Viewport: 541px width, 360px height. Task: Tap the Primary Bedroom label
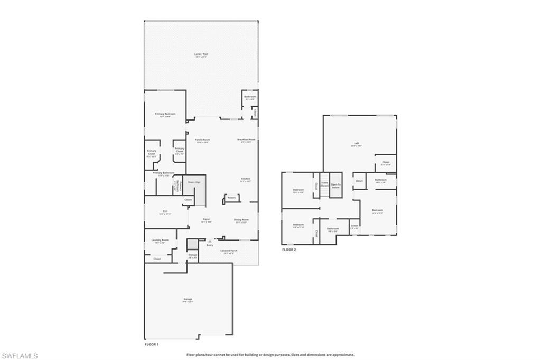click(165, 114)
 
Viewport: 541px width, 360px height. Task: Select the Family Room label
click(202, 140)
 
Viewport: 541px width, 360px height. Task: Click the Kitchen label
click(246, 179)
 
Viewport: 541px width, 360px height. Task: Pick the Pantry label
click(231, 198)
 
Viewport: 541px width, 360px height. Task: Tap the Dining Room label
click(241, 219)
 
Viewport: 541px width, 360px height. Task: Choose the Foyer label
click(207, 219)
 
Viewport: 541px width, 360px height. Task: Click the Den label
click(165, 212)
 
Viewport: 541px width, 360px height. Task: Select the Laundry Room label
click(160, 241)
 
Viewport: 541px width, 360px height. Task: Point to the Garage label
click(188, 300)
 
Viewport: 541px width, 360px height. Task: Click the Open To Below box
click(336, 186)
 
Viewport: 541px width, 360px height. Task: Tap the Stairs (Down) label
click(324, 185)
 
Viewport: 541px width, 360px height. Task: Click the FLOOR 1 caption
click(152, 344)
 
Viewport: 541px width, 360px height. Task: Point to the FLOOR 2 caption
click(289, 250)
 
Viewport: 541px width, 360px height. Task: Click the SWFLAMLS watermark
click(20, 356)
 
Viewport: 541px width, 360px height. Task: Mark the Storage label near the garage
click(193, 255)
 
